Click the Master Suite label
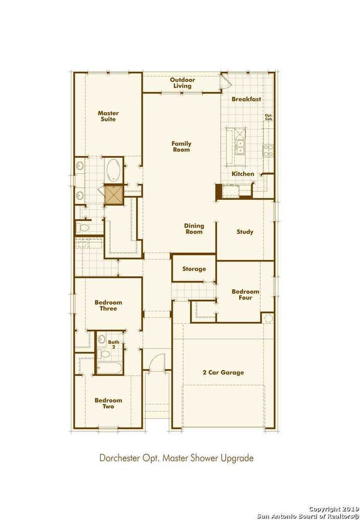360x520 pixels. point(109,116)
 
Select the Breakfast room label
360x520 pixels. point(246,99)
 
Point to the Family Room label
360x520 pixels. point(181,146)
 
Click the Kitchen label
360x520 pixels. point(243,174)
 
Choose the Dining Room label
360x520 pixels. point(194,228)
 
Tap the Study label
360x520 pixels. point(245,232)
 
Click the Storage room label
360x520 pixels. point(194,269)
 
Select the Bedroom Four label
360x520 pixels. point(241,295)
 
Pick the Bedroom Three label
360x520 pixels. point(108,305)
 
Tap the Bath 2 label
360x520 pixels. point(113,345)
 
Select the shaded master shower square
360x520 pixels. point(114,195)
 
